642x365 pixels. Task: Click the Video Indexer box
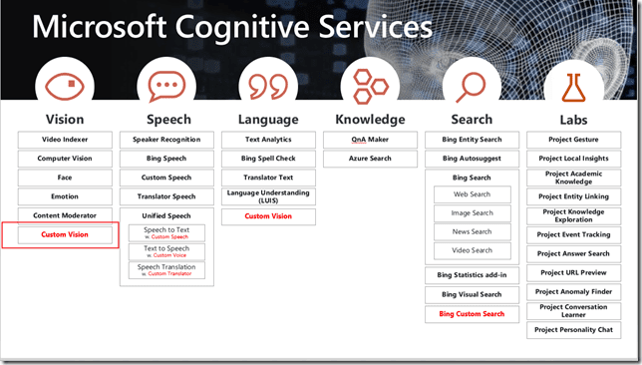[65, 140]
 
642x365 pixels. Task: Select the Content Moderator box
[65, 215]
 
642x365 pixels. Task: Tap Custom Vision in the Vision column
[65, 234]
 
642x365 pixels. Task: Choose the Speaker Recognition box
[166, 140]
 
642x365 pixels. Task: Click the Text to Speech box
[166, 251]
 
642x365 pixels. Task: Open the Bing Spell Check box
[268, 159]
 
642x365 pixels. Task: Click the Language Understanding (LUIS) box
[268, 195]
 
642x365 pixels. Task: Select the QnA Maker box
[370, 140]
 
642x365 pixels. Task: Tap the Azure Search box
[370, 159]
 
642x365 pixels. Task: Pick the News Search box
[472, 232]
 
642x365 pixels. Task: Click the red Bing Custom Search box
[472, 314]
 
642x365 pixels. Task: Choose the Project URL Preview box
[573, 272]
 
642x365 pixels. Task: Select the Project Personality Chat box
[573, 329]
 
